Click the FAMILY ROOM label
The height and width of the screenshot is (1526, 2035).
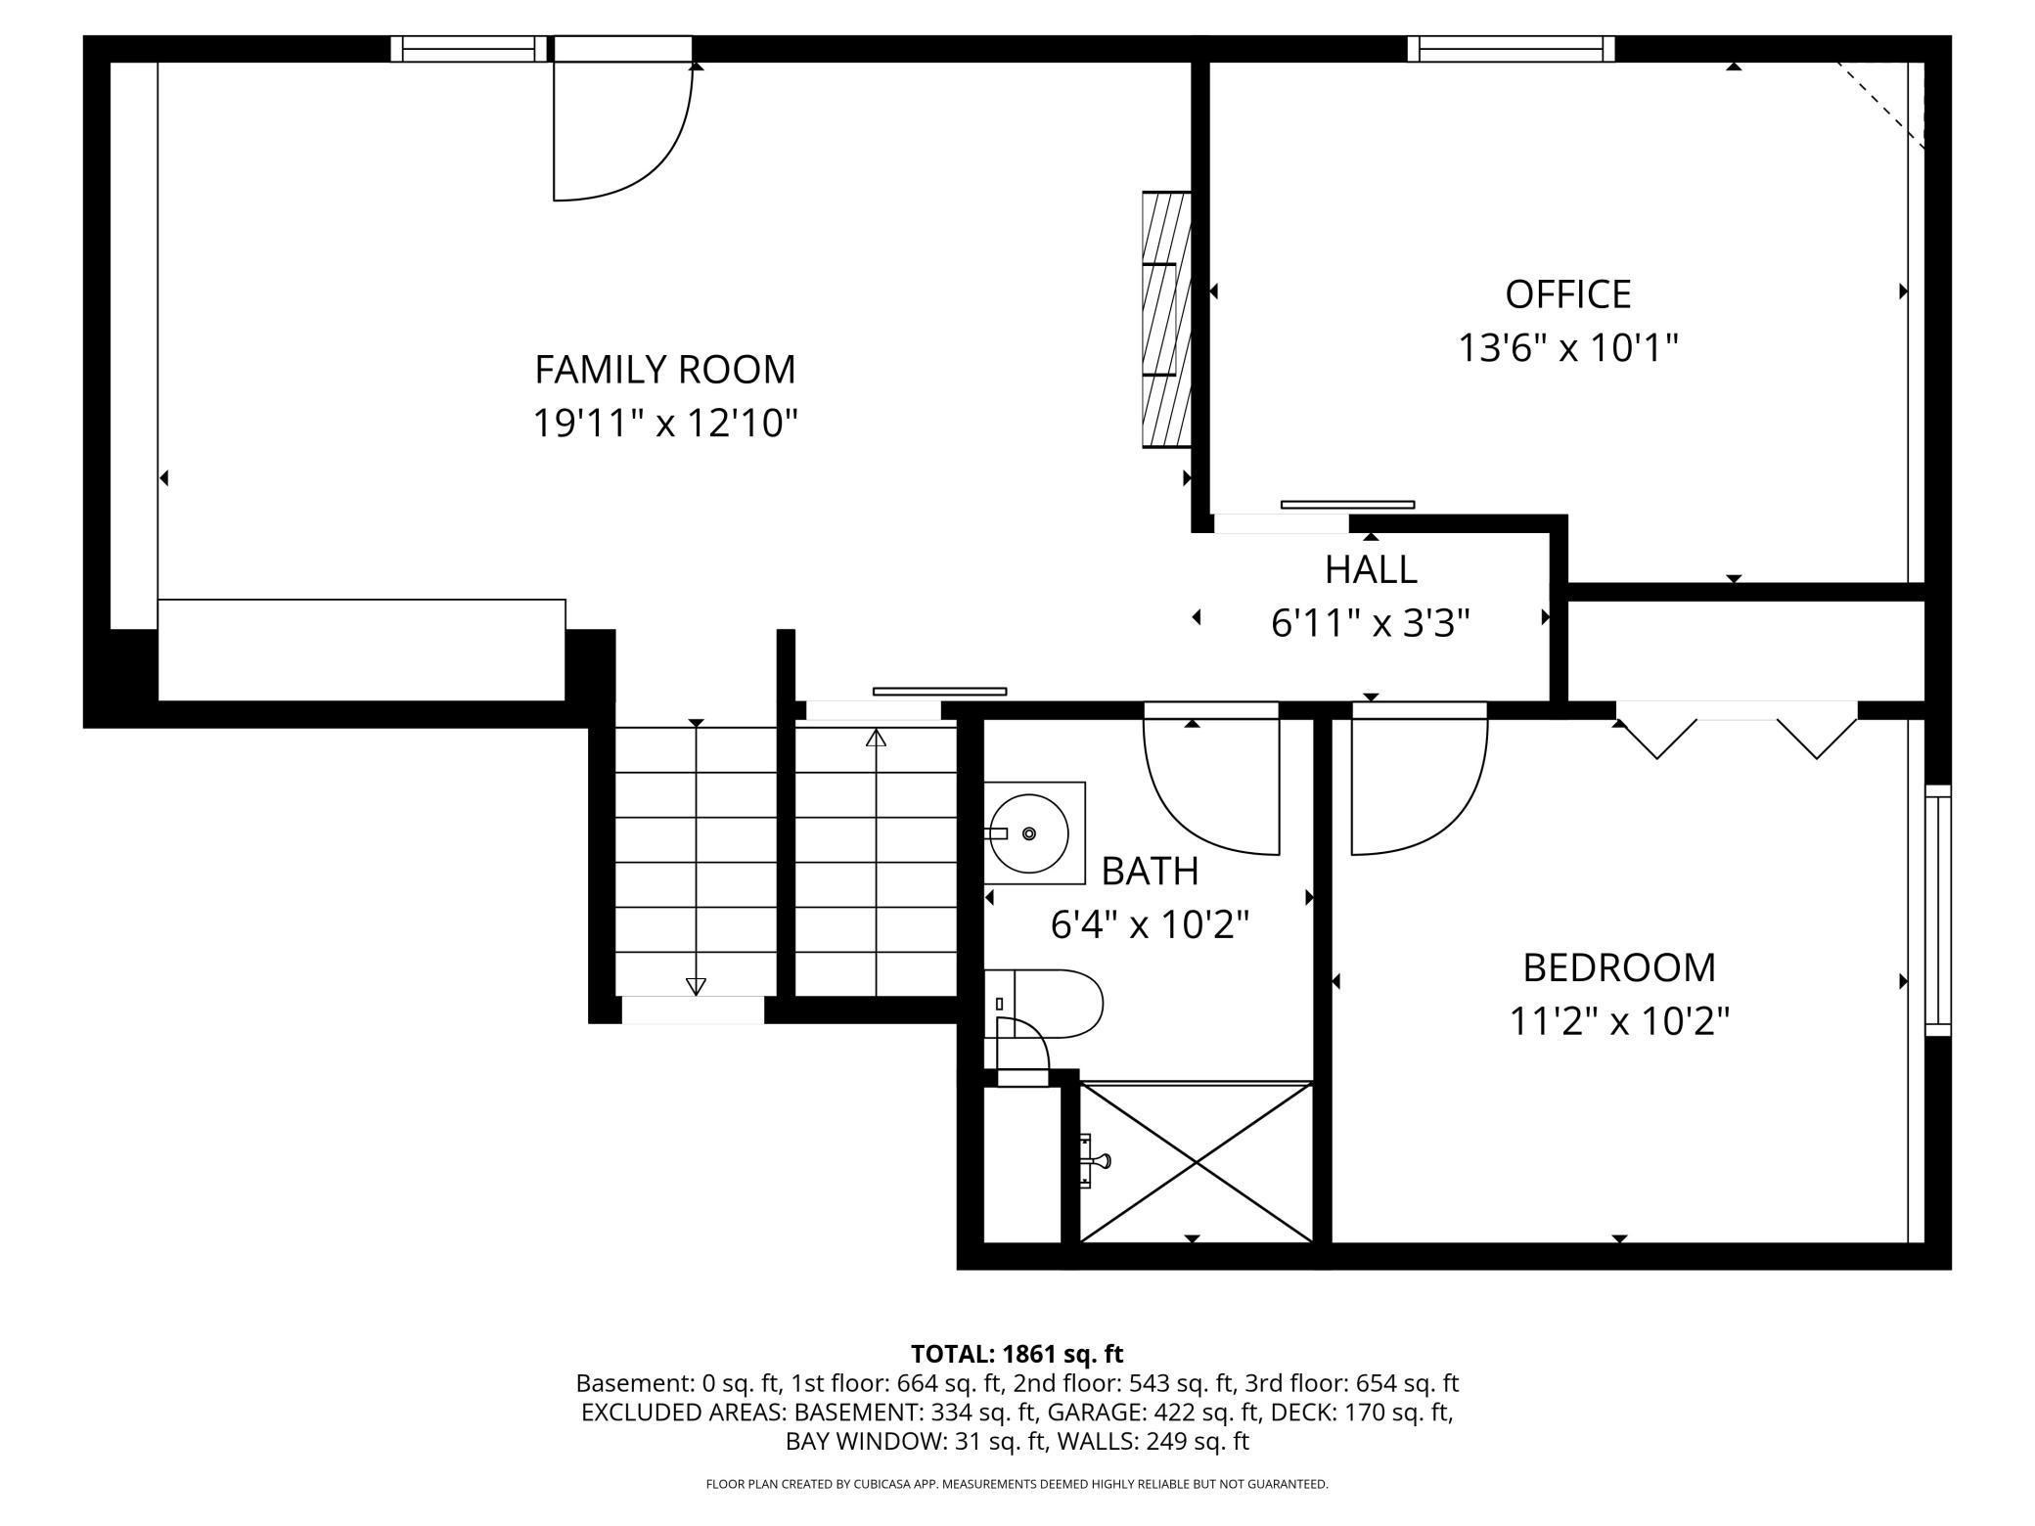(x=664, y=370)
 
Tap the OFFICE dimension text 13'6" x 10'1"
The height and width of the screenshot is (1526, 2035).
(x=1568, y=347)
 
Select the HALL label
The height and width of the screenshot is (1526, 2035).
(x=1371, y=569)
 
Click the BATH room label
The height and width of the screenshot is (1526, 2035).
(x=1150, y=871)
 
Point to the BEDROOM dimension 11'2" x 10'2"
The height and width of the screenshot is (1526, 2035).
(x=1619, y=1022)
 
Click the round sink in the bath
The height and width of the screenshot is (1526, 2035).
(x=1028, y=833)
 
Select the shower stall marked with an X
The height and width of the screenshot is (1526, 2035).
(x=1196, y=1162)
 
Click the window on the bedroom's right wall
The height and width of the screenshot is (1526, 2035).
(x=1937, y=910)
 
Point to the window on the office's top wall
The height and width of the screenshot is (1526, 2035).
(x=1511, y=48)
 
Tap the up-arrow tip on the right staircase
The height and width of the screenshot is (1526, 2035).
(x=876, y=738)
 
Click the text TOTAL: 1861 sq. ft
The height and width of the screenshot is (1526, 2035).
(x=1017, y=1354)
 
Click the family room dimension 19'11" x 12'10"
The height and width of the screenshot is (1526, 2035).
(x=664, y=424)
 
